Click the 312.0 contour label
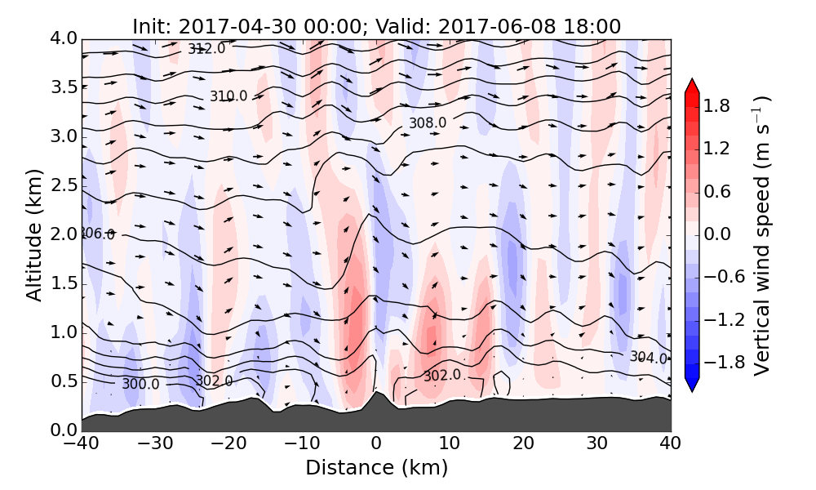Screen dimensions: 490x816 [x=206, y=49]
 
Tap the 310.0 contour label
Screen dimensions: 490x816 [x=228, y=96]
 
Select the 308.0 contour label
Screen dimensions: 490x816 [x=428, y=123]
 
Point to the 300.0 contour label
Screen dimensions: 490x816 [x=140, y=384]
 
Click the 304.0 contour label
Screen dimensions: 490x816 [x=649, y=358]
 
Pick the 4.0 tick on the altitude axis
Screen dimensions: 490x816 [x=64, y=38]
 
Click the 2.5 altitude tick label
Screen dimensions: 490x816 [x=64, y=185]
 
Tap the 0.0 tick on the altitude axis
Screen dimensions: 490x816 [x=64, y=430]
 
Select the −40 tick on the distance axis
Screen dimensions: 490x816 [x=82, y=444]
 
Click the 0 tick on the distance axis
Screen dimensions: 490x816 [x=376, y=444]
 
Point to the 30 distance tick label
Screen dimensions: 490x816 [x=597, y=444]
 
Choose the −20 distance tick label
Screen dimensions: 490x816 [x=228, y=444]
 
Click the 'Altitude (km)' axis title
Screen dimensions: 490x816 [x=33, y=234]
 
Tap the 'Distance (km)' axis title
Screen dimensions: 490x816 [x=376, y=469]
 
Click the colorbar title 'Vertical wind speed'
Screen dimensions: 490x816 [x=761, y=234]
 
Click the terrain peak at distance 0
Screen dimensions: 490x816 [x=376, y=393]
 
